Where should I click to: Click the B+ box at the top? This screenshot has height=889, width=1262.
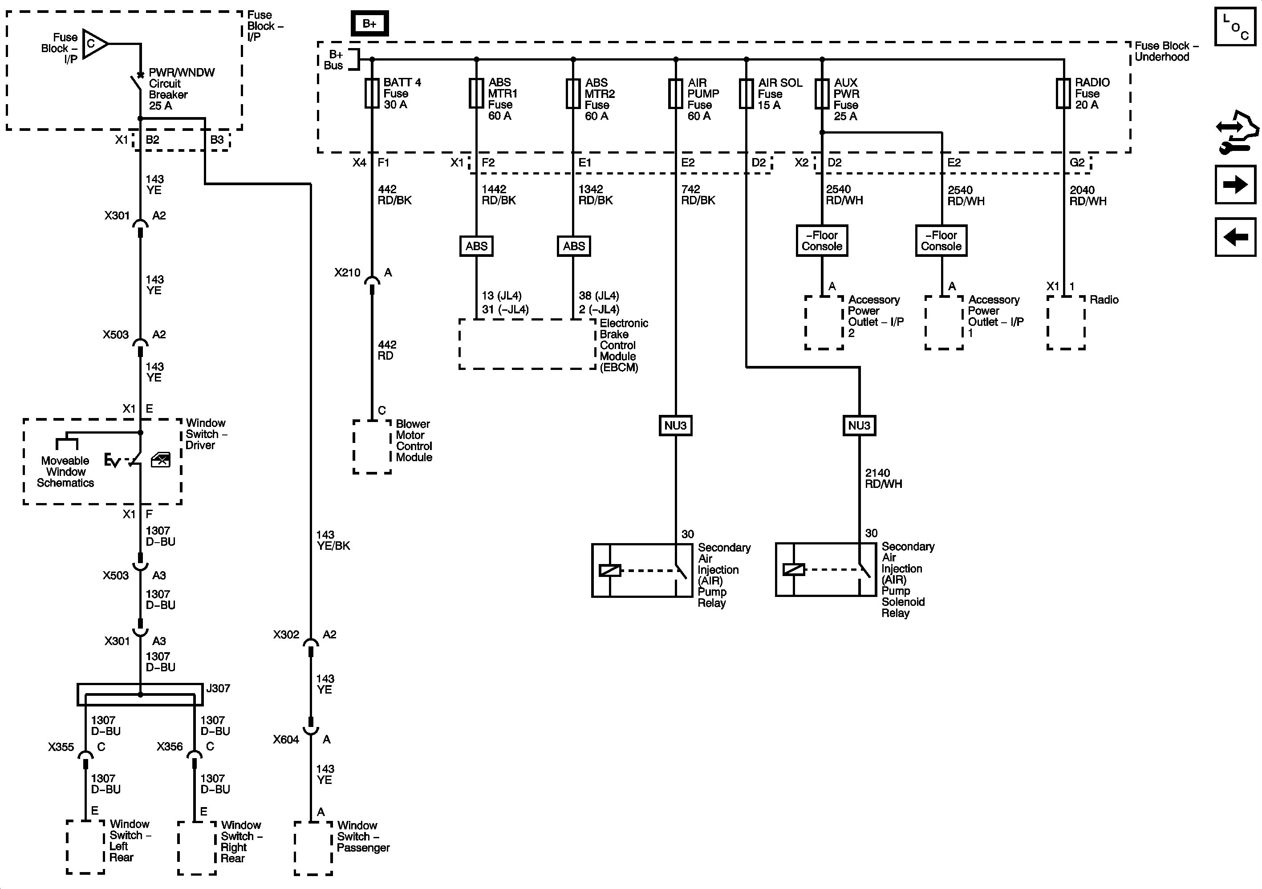coord(369,24)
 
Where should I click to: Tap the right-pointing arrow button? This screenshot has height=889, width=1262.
coord(1235,184)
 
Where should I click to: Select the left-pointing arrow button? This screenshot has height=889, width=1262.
coord(1235,237)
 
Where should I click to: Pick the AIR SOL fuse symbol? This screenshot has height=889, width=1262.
coord(746,93)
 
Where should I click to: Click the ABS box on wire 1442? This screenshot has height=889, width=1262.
coord(476,246)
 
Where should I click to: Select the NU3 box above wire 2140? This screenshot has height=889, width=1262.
coord(859,426)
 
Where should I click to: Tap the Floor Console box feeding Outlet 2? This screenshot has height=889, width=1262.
coord(822,241)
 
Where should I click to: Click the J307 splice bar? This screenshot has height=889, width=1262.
coord(140,695)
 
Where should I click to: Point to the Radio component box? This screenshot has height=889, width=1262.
coord(1066,323)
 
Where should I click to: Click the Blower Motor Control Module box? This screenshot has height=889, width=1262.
coord(372,447)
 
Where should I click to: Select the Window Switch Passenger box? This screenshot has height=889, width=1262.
coord(313,848)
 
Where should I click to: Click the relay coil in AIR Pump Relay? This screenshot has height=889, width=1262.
coord(609,571)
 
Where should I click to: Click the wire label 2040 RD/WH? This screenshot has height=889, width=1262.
coord(1088,195)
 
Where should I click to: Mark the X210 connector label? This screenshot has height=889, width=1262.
coord(347,273)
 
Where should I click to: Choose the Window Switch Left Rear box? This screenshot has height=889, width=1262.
coord(85,847)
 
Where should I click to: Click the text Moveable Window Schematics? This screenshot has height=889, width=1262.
coord(65,472)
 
